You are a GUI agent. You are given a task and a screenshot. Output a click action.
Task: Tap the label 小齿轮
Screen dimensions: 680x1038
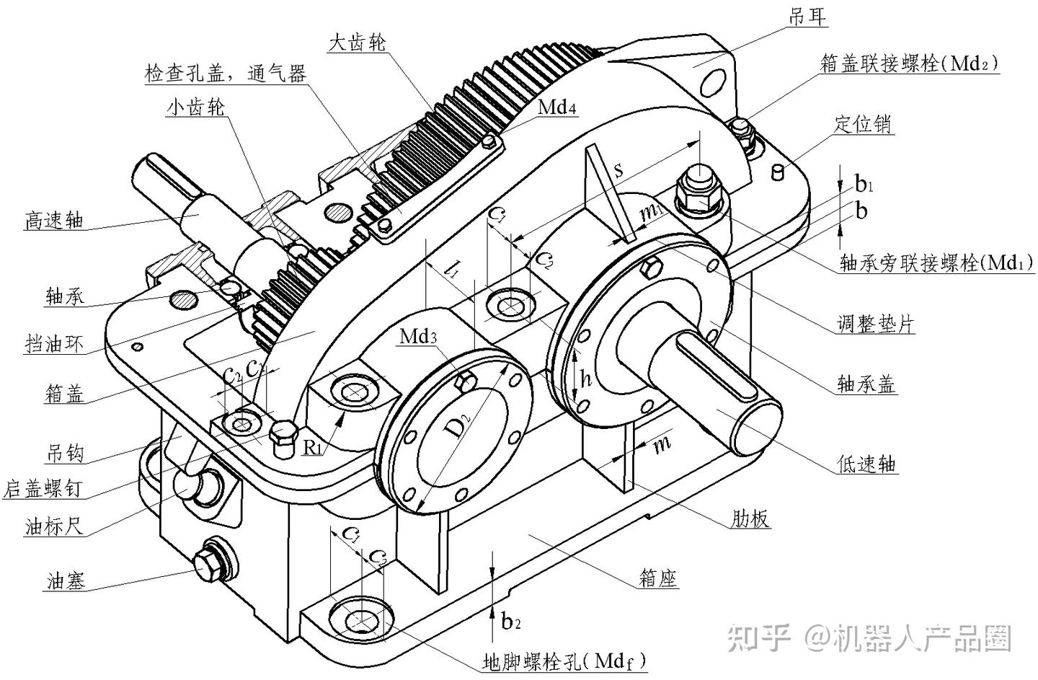[x=195, y=107]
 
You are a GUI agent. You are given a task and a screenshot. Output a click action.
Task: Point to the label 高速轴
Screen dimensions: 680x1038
[x=53, y=220]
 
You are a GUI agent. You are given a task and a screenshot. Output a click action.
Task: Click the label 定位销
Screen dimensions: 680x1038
[x=863, y=124]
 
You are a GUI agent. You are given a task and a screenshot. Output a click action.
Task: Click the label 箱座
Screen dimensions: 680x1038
[x=658, y=577]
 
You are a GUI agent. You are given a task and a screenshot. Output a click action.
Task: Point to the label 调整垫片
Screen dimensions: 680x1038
[x=875, y=323]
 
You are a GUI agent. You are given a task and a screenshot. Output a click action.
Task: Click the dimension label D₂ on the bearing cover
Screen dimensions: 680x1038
[x=456, y=428]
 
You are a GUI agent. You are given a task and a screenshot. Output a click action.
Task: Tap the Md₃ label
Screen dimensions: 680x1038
[x=419, y=336]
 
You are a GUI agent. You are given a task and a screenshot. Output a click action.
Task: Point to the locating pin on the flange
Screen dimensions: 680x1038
[x=778, y=172]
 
